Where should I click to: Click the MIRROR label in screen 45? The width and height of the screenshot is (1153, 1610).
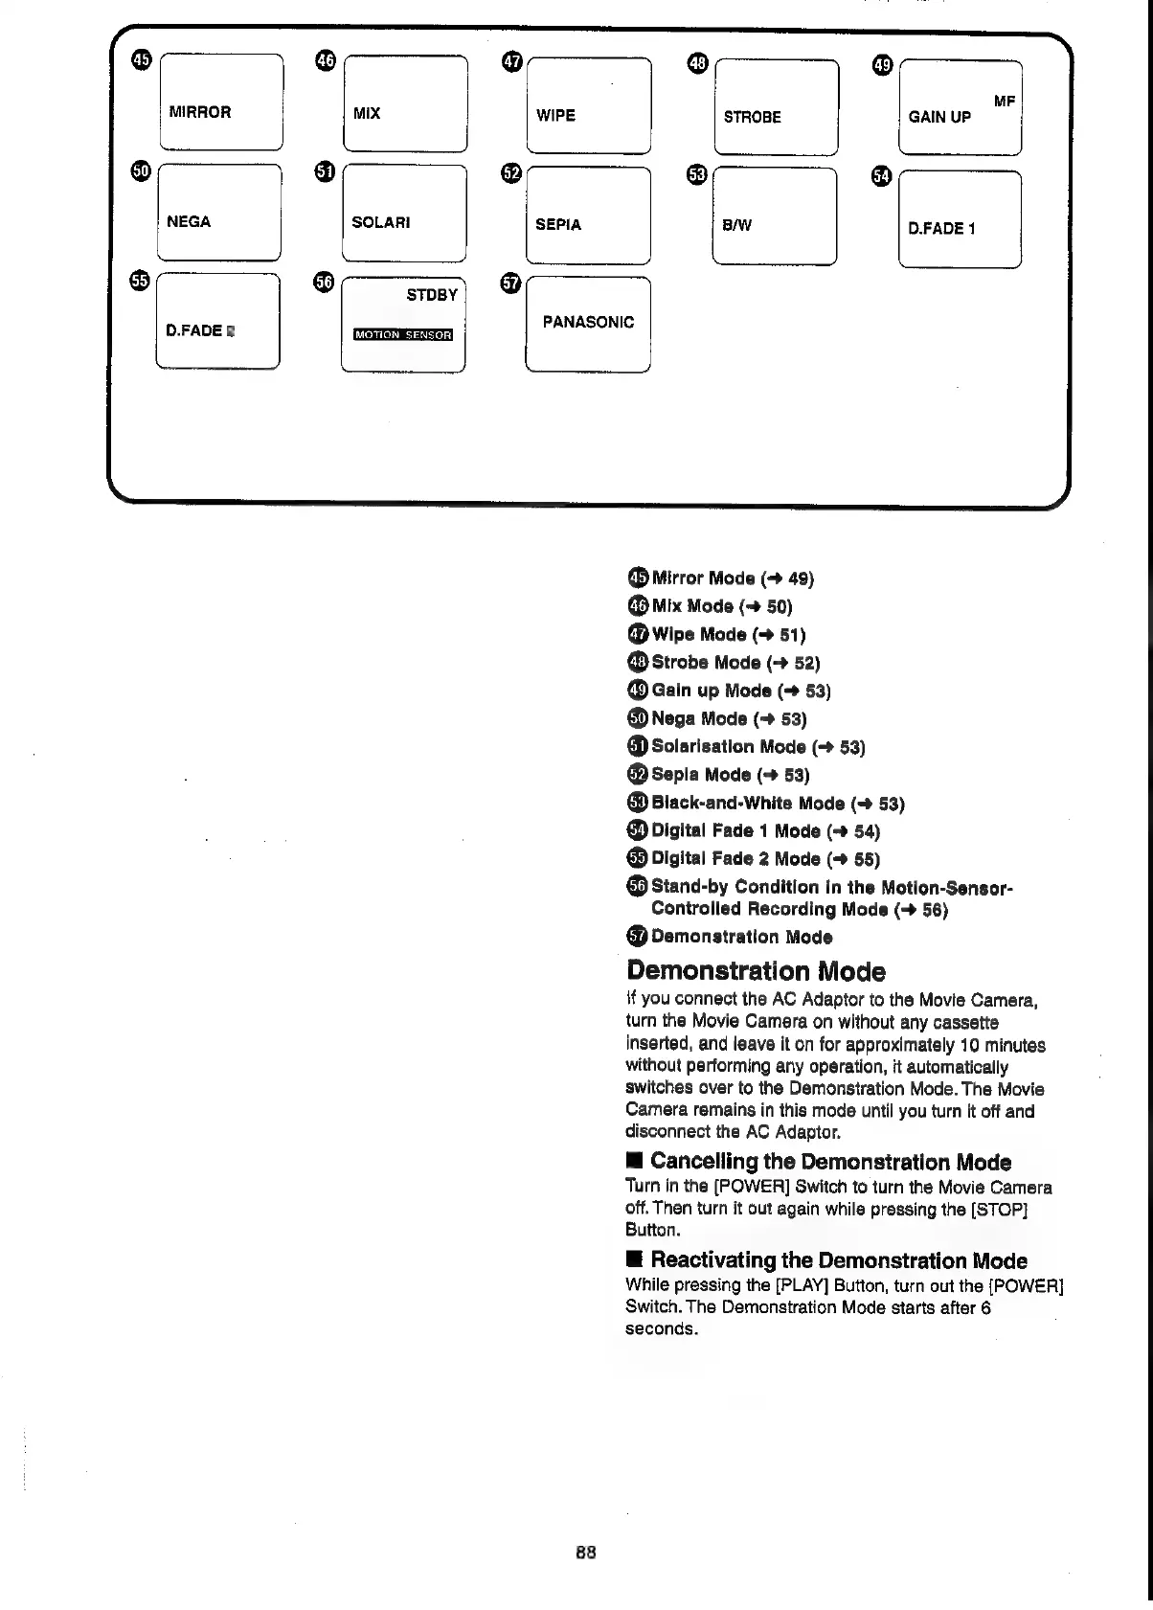click(199, 112)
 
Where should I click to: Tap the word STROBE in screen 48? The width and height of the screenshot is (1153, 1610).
click(752, 118)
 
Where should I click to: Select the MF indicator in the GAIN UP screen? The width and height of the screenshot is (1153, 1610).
click(1004, 101)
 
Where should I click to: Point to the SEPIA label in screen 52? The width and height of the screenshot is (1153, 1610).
click(557, 225)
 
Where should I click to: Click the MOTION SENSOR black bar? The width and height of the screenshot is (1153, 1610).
click(402, 334)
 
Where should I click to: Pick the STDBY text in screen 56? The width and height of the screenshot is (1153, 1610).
click(432, 295)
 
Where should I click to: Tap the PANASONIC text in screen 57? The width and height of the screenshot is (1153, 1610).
click(588, 323)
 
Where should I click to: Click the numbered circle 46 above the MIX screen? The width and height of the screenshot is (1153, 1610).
click(326, 61)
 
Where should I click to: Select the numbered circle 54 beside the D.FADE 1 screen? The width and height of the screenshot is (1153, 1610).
click(882, 175)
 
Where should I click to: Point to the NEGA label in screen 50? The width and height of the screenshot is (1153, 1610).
click(189, 222)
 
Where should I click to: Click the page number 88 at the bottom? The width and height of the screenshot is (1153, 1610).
click(586, 1552)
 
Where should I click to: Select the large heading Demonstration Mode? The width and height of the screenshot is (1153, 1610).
click(756, 971)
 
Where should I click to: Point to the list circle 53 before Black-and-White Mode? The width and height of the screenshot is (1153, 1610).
click(638, 803)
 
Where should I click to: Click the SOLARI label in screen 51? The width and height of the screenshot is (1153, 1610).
click(380, 223)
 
